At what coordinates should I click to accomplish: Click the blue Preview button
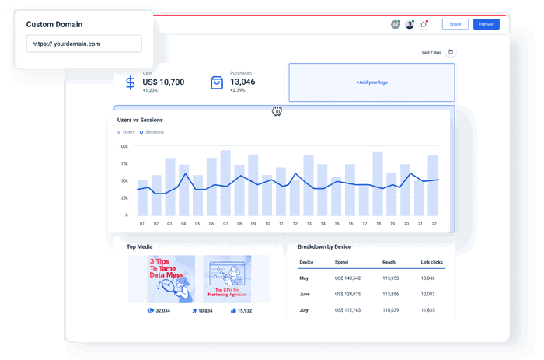[486, 24]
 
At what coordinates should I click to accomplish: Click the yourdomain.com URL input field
[83, 44]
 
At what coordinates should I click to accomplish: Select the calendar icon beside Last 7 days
[451, 52]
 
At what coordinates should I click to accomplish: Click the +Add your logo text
[371, 82]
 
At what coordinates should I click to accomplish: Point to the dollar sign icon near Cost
[131, 82]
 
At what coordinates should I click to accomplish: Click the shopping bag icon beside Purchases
[217, 82]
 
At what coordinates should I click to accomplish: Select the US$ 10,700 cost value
[163, 82]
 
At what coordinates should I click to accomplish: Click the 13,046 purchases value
[242, 82]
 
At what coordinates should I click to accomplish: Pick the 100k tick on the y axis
[123, 146]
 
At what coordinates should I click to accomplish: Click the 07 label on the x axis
[225, 224]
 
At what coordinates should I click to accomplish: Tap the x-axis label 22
[433, 224]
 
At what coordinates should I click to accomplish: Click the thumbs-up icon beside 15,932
[232, 310]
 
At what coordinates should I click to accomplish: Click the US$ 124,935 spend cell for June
[347, 294]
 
